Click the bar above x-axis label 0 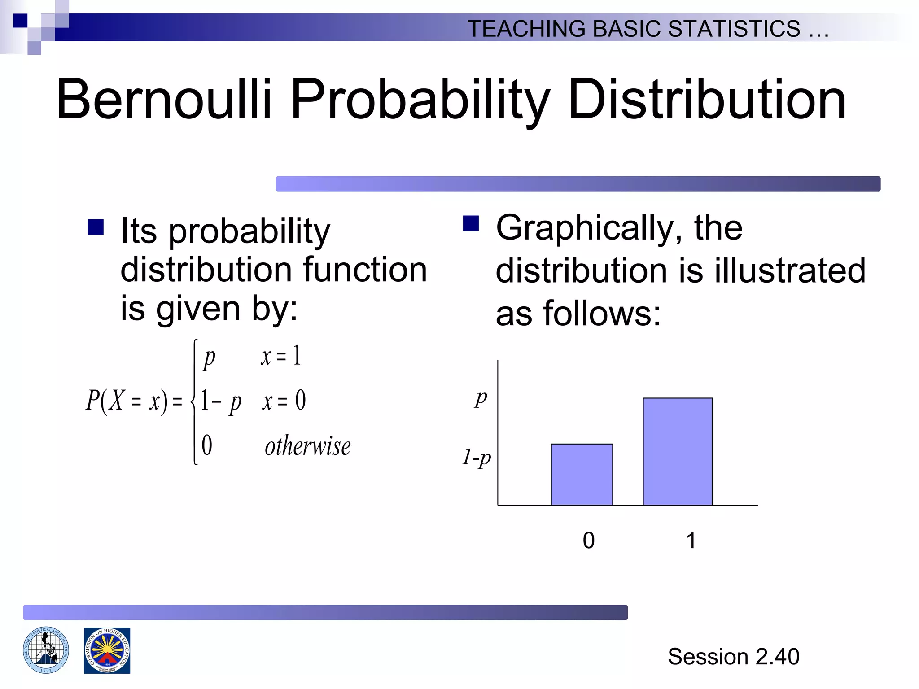pos(582,475)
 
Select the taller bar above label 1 pos(677,451)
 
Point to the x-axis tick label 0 pos(588,541)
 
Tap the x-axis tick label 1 pos(691,541)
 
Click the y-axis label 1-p pos(477,458)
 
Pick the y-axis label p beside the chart pos(481,397)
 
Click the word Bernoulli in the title pos(164,100)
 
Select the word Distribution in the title pos(707,100)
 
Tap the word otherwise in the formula pos(307,446)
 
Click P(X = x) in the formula pos(127,400)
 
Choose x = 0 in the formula pos(284,401)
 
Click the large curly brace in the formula pos(194,401)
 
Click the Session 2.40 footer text pos(733,657)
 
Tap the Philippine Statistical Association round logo pos(46,650)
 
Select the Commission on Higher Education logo pos(107,650)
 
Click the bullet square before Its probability pos(96,227)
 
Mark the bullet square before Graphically pos(471,223)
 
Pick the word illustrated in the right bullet pos(790,270)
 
